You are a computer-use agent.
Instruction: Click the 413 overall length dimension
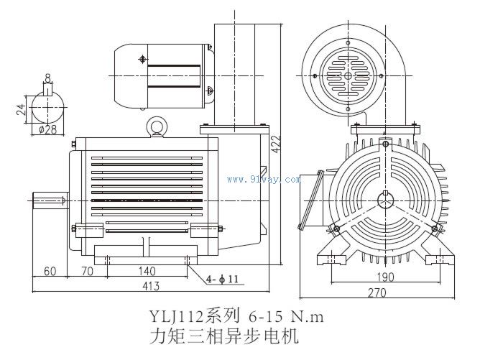149,287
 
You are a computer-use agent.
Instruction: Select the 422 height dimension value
277,146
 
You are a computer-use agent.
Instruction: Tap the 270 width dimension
377,292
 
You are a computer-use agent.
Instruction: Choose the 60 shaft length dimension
50,272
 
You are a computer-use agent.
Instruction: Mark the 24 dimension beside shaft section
22,109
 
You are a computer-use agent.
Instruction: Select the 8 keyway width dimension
47,77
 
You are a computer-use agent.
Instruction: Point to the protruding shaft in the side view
50,198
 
